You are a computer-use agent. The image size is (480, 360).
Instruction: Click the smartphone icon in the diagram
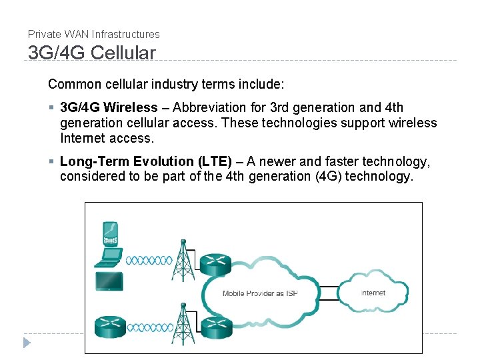(x=109, y=233)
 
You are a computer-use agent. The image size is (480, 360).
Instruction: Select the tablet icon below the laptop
(x=108, y=281)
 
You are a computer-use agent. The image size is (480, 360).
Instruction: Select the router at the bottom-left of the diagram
(x=109, y=326)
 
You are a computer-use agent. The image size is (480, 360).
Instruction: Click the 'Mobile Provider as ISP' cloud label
(x=259, y=293)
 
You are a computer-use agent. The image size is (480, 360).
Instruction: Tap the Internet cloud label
(x=373, y=293)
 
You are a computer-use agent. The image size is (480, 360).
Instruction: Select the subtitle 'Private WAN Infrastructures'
(x=94, y=34)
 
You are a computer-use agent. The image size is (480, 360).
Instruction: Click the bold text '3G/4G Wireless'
(x=109, y=107)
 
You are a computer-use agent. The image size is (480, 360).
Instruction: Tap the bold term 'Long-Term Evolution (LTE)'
(x=146, y=162)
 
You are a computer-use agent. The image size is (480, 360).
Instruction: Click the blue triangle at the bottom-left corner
(x=27, y=343)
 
